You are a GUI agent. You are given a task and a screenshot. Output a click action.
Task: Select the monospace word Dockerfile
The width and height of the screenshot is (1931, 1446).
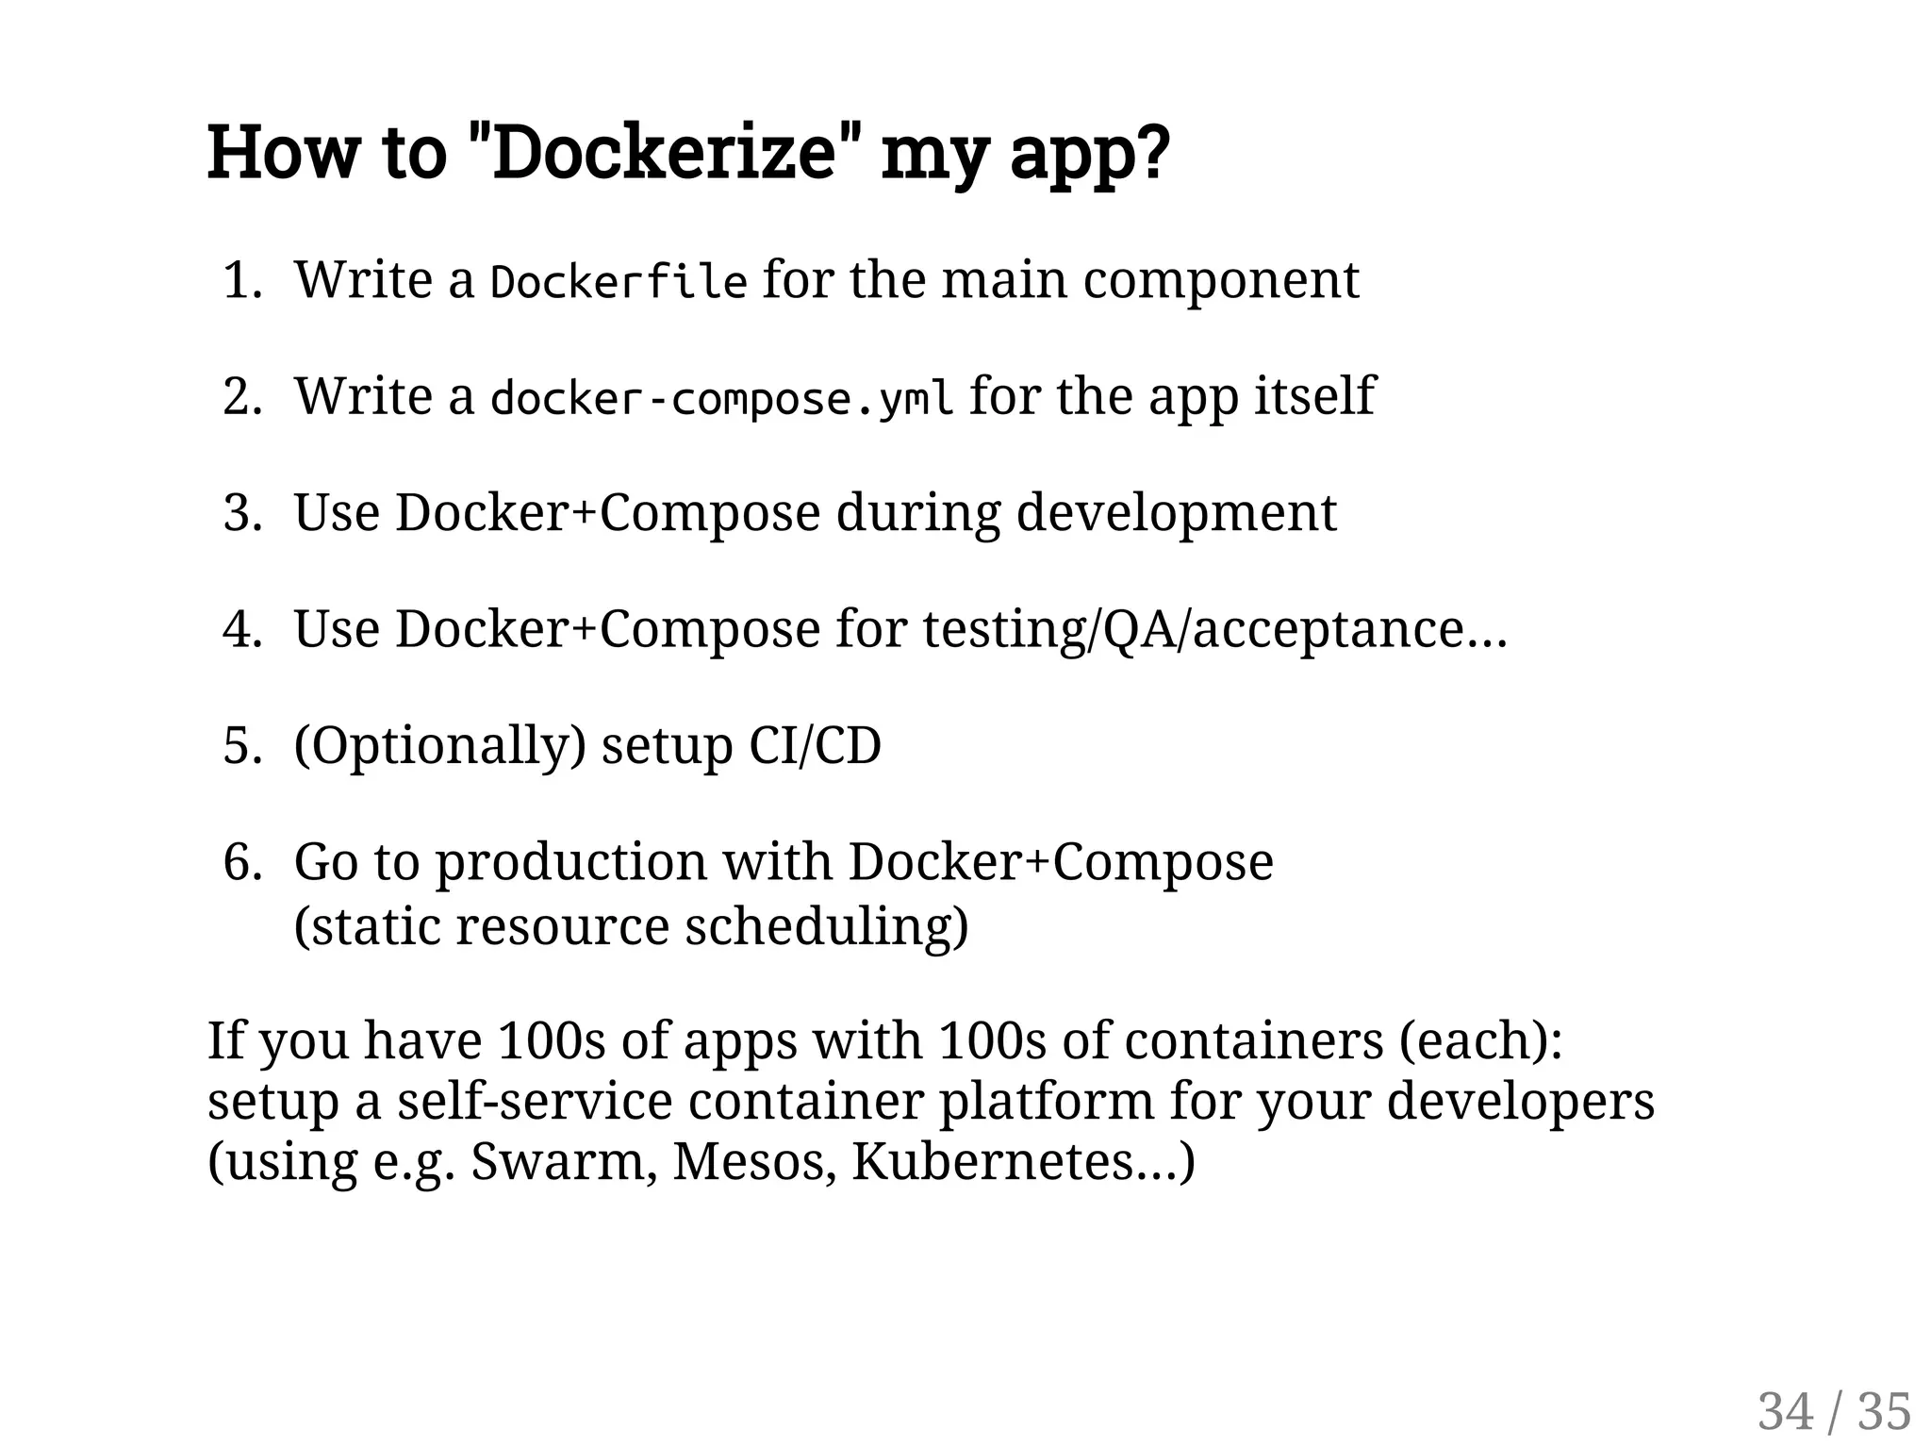[619, 282]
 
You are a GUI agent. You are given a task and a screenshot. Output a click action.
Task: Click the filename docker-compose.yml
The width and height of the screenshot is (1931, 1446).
[721, 398]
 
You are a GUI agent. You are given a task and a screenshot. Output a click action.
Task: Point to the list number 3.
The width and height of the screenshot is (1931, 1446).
[240, 514]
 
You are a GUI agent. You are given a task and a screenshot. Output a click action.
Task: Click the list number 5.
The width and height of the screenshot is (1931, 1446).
[240, 746]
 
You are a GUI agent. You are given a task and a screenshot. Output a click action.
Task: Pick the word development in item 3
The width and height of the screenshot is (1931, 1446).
[1176, 514]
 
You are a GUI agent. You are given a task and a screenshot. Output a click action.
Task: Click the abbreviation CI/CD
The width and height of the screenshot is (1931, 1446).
[815, 746]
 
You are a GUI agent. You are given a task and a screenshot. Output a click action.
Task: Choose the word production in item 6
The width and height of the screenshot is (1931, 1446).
[571, 862]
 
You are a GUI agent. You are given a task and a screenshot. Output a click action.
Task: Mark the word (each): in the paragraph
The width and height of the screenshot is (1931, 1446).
[1479, 1041]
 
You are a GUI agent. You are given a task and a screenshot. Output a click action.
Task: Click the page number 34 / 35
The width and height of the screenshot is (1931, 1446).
[1834, 1412]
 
